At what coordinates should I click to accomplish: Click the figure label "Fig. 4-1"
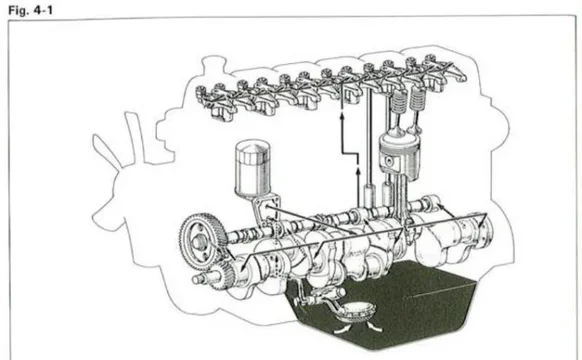30,10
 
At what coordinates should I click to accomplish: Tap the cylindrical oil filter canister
253,167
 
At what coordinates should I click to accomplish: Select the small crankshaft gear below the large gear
223,273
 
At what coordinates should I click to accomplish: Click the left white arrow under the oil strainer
341,329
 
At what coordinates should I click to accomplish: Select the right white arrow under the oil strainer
374,327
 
